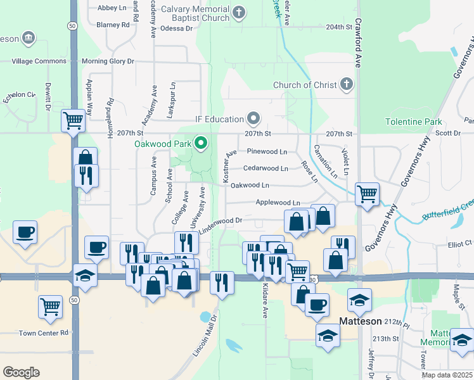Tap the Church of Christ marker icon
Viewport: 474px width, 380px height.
346,84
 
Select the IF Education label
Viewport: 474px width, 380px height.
219,119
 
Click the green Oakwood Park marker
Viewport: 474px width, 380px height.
202,144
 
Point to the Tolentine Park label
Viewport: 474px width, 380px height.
413,121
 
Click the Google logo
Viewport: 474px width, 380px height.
21,372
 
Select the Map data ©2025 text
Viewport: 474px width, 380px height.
447,375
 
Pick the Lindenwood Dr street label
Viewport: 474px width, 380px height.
221,220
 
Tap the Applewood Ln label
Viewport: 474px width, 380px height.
278,203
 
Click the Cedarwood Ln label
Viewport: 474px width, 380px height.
266,168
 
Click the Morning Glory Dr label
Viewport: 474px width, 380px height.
108,61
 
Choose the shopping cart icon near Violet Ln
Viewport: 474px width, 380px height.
367,193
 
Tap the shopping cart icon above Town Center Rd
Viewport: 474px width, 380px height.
50,307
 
